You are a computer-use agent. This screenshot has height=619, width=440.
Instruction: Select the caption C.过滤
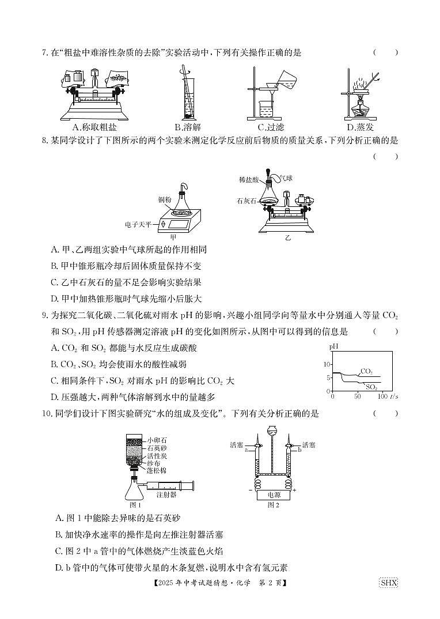[x=271, y=127]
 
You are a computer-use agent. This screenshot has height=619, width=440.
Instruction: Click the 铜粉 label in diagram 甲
[x=165, y=200]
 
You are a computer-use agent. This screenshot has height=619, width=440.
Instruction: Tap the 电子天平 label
[x=137, y=224]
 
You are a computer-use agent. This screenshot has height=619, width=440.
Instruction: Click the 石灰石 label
[x=246, y=201]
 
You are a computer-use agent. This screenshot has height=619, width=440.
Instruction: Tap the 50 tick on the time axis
[x=357, y=397]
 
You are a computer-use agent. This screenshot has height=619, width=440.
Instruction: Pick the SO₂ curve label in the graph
[x=371, y=387]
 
